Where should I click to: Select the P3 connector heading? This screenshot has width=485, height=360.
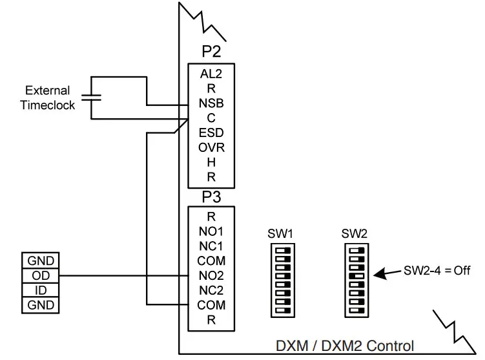click(x=211, y=196)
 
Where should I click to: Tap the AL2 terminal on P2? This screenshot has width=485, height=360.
click(x=211, y=74)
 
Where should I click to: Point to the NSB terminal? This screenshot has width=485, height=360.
click(x=211, y=103)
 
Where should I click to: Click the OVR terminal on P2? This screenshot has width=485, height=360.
click(x=211, y=147)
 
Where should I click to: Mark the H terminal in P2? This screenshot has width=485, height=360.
click(x=211, y=162)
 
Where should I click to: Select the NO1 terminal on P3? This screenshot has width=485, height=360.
click(x=211, y=231)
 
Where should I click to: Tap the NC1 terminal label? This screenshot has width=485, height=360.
click(x=211, y=246)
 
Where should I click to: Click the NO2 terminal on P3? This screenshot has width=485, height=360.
click(x=211, y=275)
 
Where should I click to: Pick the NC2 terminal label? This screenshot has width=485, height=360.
click(x=211, y=290)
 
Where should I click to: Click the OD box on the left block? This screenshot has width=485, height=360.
click(x=41, y=276)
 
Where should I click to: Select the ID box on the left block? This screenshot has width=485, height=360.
click(x=41, y=290)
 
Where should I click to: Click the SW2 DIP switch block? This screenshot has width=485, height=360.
click(x=355, y=280)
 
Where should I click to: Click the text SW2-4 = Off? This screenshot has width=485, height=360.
click(x=437, y=271)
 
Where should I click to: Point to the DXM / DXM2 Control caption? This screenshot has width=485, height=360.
click(x=346, y=346)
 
